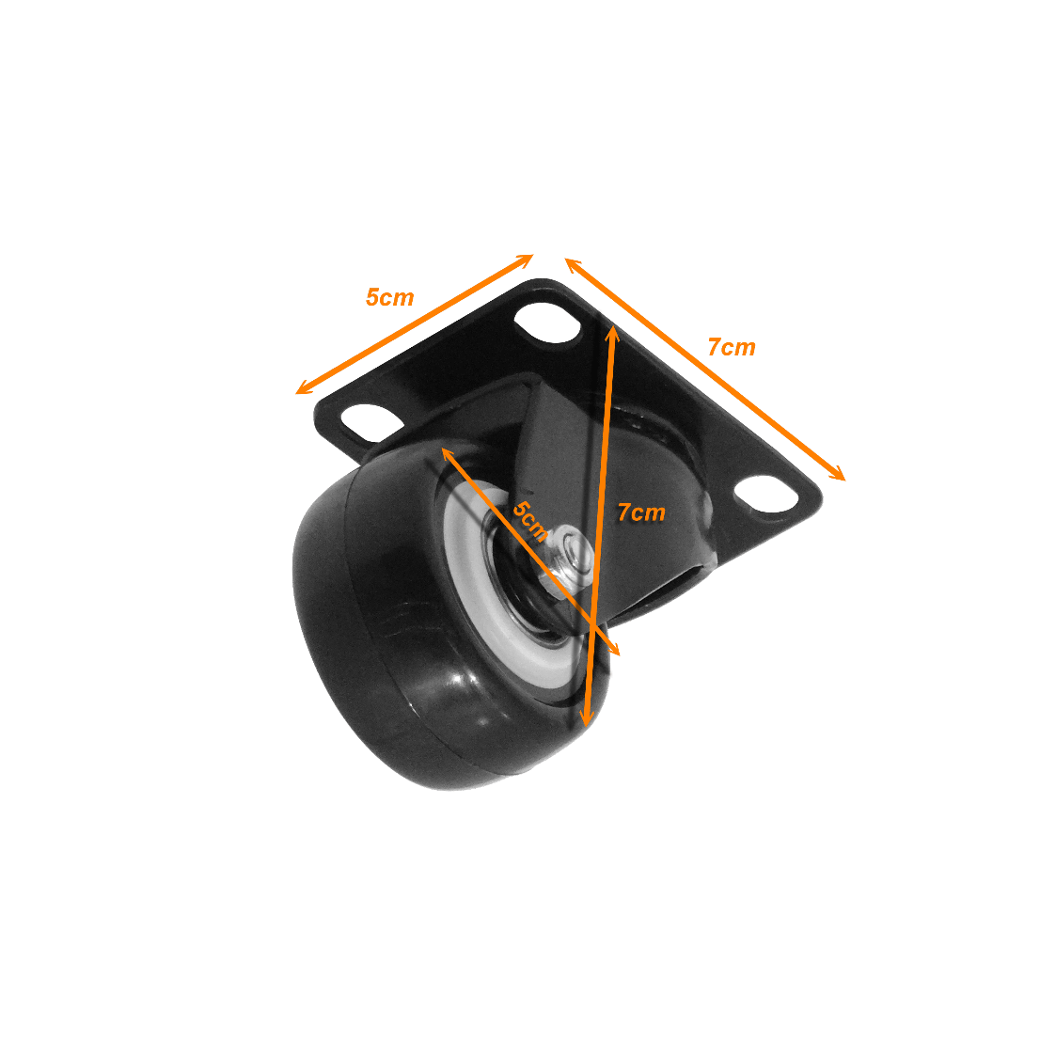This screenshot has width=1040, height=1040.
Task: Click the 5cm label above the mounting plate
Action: pyautogui.click(x=390, y=297)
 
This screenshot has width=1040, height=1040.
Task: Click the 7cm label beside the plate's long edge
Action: pyautogui.click(x=732, y=347)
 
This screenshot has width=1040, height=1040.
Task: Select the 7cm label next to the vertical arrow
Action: pyautogui.click(x=641, y=512)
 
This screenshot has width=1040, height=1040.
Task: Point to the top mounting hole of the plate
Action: pyautogui.click(x=547, y=323)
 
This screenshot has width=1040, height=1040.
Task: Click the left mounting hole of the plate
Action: pyautogui.click(x=372, y=424)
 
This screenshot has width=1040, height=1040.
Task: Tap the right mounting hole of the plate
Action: pyautogui.click(x=765, y=495)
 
